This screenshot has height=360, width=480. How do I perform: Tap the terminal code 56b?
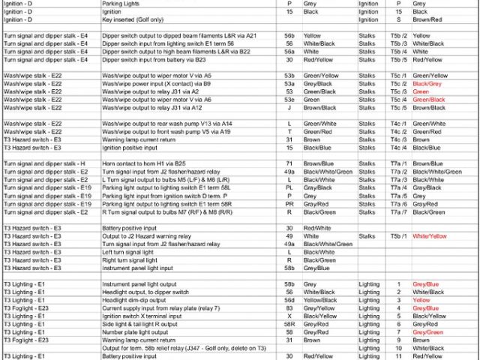pos(289,35)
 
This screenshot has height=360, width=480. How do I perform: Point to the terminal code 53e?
pos(289,100)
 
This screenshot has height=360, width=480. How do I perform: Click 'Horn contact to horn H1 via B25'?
pos(143,163)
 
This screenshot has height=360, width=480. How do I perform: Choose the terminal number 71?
pos(289,163)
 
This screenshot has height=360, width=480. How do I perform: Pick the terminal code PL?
pos(289,187)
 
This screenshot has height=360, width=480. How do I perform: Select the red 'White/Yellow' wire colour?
pos(430,235)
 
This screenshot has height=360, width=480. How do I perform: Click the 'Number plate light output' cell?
pos(136,332)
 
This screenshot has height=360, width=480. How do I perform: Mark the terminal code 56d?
pos(289,300)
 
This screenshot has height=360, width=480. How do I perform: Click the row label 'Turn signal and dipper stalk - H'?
pos(45,163)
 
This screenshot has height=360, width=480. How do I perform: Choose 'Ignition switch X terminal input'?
pos(142,316)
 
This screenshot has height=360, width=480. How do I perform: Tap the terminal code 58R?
pos(289,324)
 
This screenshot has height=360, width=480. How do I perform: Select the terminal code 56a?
pos(289,51)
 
